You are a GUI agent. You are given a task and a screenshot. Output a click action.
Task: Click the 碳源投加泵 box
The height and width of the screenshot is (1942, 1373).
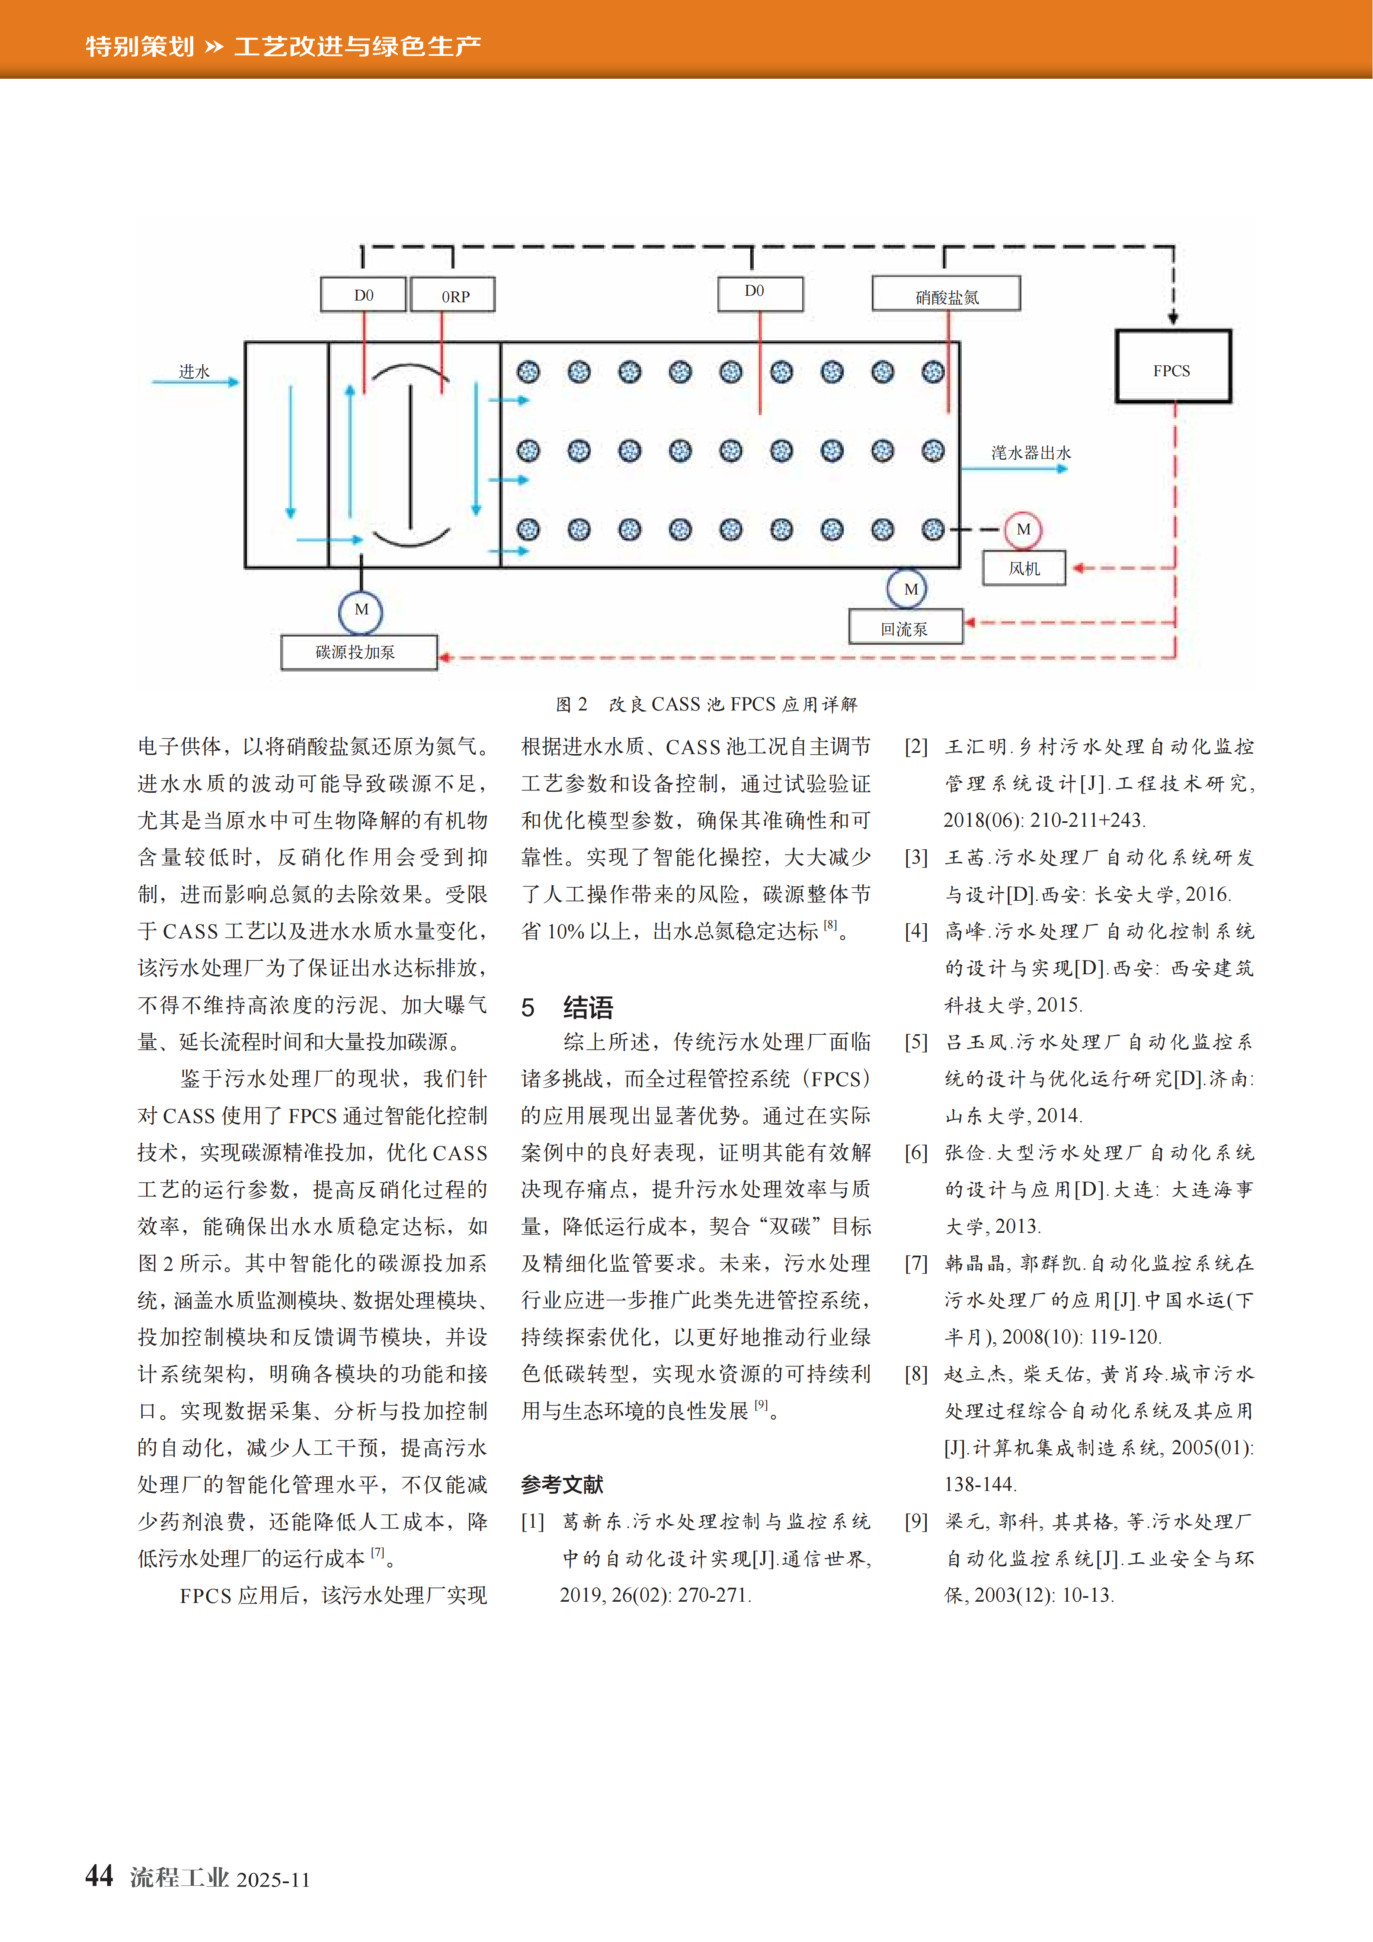[358, 652]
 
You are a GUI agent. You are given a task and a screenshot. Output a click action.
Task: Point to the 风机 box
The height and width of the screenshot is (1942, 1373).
[1024, 568]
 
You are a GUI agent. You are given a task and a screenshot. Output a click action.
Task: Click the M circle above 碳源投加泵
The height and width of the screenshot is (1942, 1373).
[361, 610]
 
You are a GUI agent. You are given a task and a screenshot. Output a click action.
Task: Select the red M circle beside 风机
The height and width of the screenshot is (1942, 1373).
[1023, 529]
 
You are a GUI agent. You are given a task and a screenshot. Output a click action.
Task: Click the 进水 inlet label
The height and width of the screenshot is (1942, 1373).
[194, 371]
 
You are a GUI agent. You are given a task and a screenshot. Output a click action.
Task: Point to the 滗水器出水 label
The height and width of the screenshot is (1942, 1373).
[1031, 452]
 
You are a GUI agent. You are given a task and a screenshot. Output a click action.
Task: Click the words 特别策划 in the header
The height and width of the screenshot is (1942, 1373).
[140, 46]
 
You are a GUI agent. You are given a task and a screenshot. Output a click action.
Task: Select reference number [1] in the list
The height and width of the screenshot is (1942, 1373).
[533, 1522]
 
